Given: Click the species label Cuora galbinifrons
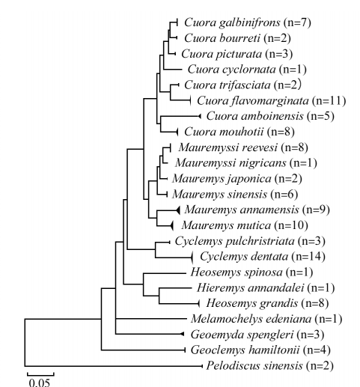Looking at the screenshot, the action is (x=232, y=23).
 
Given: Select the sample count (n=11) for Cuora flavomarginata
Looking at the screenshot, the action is (x=329, y=100).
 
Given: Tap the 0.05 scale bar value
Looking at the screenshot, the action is (x=40, y=383).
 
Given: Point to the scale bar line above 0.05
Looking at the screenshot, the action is (x=40, y=374).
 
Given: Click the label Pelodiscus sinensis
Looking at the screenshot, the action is (x=254, y=366).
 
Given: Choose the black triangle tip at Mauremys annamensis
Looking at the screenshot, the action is (x=177, y=210).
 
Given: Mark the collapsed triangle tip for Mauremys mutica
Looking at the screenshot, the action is (x=171, y=226).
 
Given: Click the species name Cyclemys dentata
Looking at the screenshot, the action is (x=244, y=257).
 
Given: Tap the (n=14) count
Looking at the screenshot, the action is (x=308, y=257).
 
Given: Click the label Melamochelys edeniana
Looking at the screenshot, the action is (x=251, y=319).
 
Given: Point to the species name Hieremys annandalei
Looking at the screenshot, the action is (x=250, y=288).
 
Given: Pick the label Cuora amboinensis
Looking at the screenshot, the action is (x=254, y=116).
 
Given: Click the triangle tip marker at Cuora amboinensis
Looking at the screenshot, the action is (x=200, y=116).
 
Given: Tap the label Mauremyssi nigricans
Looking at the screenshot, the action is (x=231, y=163).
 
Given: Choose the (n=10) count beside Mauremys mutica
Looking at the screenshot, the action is (x=291, y=225).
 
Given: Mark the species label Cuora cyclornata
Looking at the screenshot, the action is (x=231, y=70).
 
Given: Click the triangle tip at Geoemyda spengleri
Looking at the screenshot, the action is (x=183, y=334).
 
